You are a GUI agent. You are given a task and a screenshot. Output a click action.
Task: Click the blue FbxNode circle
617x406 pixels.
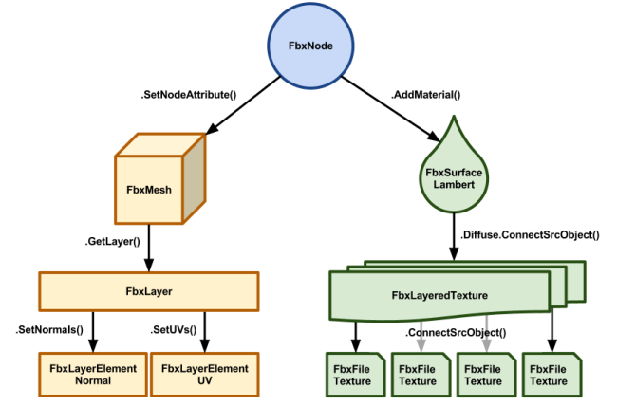coord(309,44)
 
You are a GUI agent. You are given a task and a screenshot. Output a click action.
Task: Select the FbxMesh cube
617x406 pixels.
coord(149,190)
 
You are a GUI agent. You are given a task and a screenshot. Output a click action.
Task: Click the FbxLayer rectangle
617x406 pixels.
coord(148,291)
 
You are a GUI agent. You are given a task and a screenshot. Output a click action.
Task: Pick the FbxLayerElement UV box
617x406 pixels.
coord(204,374)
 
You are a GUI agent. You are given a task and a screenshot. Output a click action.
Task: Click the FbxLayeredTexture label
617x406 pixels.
coord(439,296)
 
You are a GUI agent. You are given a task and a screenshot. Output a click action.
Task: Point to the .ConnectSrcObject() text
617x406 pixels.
coord(441,333)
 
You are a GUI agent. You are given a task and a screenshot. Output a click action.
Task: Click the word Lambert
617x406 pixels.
coord(453,184)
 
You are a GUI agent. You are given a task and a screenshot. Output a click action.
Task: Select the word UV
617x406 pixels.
coord(204,380)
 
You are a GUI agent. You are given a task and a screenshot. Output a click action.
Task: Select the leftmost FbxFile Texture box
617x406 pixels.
coord(354,374)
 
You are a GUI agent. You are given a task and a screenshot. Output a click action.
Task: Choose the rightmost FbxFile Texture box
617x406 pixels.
coord(549,374)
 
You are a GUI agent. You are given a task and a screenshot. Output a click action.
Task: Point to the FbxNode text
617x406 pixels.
coord(309,45)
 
